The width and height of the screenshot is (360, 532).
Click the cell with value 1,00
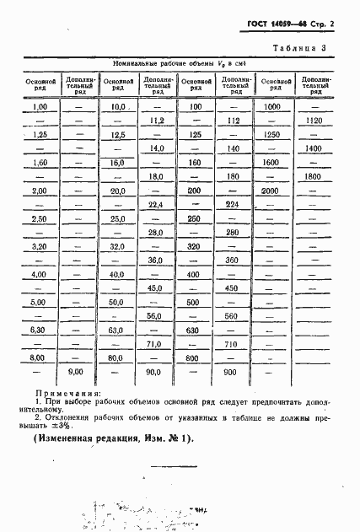pos(39,108)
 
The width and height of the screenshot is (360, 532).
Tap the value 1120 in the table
pos(315,121)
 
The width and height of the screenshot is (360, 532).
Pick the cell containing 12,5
pos(117,135)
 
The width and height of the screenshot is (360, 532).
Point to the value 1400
pos(315,148)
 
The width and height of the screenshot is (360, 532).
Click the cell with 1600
pos(271,162)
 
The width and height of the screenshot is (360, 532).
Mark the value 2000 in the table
pos(271,191)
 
